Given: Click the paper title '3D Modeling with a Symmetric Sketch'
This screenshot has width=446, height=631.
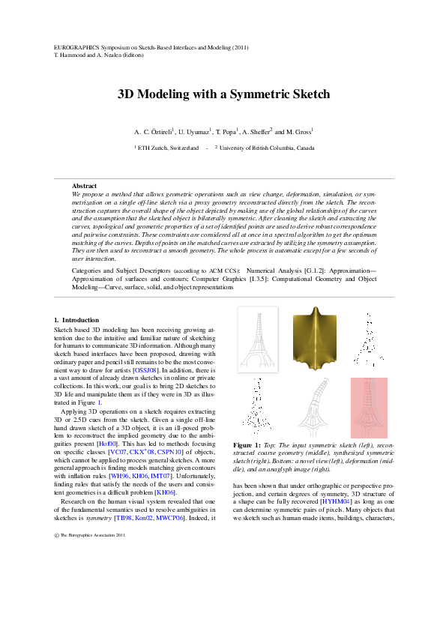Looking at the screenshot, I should [x=223, y=95].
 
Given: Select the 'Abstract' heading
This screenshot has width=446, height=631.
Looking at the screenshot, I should [x=84, y=185].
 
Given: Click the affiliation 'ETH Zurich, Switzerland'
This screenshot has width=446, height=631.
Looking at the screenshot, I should [x=168, y=148].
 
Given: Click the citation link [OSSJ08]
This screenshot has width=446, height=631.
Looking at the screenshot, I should [x=145, y=370].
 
